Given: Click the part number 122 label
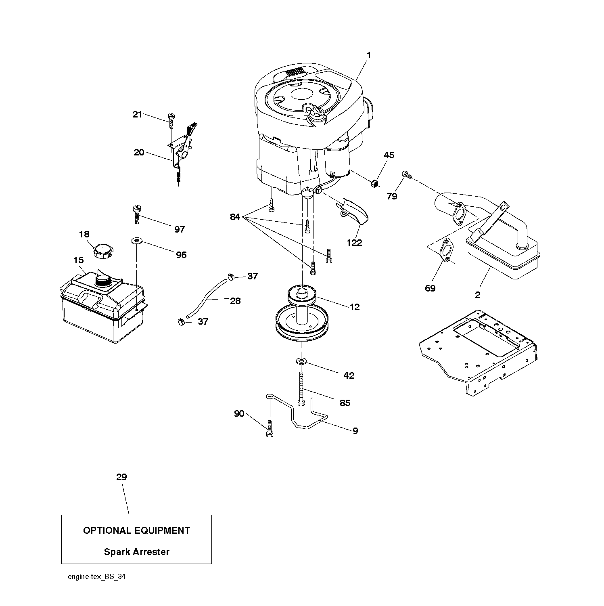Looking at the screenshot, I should [x=354, y=243].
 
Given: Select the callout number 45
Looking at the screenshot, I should [x=389, y=155].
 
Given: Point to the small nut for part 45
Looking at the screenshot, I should [x=374, y=184].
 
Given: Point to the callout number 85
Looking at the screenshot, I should [x=345, y=403].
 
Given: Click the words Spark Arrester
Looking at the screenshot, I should [x=136, y=552].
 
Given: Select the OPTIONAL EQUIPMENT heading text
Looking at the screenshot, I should [x=136, y=531].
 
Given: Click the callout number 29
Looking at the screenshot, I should [x=121, y=477].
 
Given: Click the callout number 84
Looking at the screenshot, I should [x=235, y=217].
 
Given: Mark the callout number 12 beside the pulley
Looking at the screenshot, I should [x=354, y=307].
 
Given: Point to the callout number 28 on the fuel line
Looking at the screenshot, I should [x=235, y=301].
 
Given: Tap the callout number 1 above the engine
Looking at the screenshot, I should [x=368, y=55].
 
